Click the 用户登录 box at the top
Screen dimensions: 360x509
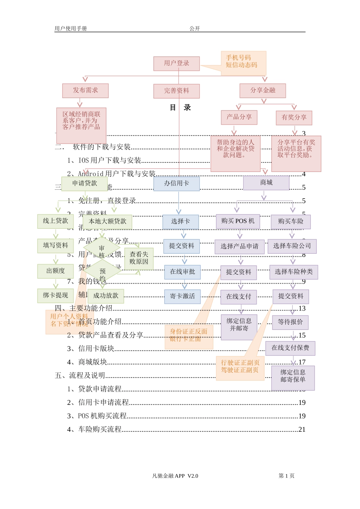click(x=177, y=64)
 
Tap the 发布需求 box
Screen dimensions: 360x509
click(x=85, y=91)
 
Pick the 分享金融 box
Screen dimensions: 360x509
click(x=263, y=91)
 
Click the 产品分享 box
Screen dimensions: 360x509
click(x=239, y=117)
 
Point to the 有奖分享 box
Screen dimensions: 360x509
click(x=294, y=117)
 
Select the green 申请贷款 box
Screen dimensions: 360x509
click(x=85, y=184)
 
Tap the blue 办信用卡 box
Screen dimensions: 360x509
click(x=177, y=184)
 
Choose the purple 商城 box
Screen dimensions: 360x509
click(x=266, y=183)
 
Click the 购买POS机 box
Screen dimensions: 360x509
click(x=238, y=221)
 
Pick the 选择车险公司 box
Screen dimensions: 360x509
click(x=292, y=246)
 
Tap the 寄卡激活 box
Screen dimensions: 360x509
click(x=183, y=297)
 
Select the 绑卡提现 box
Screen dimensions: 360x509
click(x=55, y=295)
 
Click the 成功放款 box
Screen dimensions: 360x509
click(x=106, y=296)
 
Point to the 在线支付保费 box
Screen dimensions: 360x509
click(x=290, y=348)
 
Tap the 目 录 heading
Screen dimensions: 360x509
click(x=180, y=108)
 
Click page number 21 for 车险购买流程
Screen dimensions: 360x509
click(x=302, y=429)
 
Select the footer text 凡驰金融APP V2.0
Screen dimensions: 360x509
click(x=175, y=476)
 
